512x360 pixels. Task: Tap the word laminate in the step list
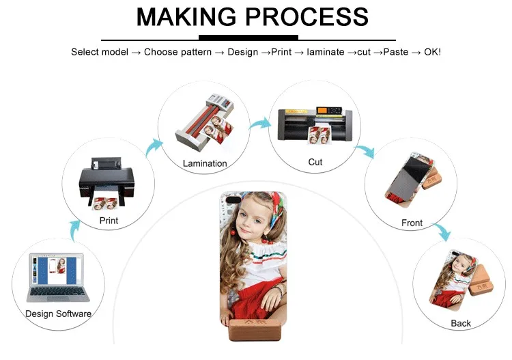[326, 52]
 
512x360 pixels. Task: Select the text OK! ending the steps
[431, 52]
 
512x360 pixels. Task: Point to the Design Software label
[58, 314]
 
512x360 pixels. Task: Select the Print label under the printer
[109, 221]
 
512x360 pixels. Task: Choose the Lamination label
[205, 164]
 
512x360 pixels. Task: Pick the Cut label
[315, 163]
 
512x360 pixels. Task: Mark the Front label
[412, 223]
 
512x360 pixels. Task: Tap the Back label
[461, 323]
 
